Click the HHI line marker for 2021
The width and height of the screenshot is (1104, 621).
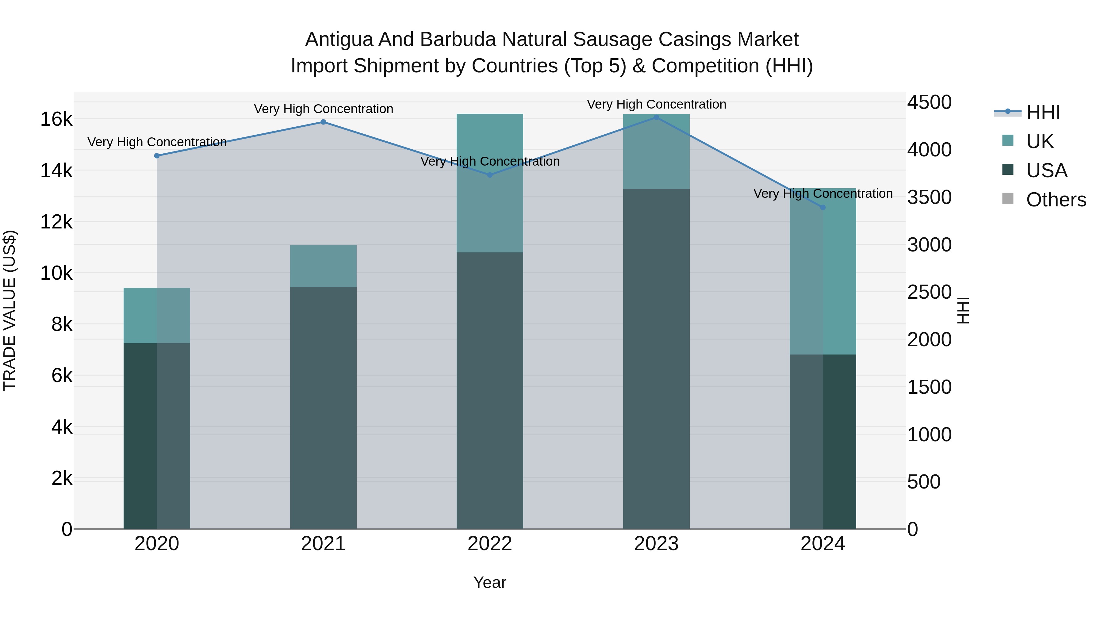[x=323, y=122]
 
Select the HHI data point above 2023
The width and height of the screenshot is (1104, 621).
[x=656, y=117]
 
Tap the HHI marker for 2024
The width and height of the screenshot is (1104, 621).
[x=822, y=207]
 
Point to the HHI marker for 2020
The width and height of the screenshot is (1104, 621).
[x=157, y=155]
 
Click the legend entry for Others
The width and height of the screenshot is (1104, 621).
[x=1056, y=200]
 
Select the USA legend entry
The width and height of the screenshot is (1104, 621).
[x=1046, y=171]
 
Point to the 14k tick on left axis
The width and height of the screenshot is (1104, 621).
[x=56, y=171]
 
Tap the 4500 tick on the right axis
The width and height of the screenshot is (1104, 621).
[x=929, y=102]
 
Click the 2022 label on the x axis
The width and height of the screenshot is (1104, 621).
[x=489, y=544]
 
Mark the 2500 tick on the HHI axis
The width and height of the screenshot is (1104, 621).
[x=929, y=292]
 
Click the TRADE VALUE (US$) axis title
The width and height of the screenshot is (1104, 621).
[x=10, y=310]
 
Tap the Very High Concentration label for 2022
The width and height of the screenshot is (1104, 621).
[x=489, y=162]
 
